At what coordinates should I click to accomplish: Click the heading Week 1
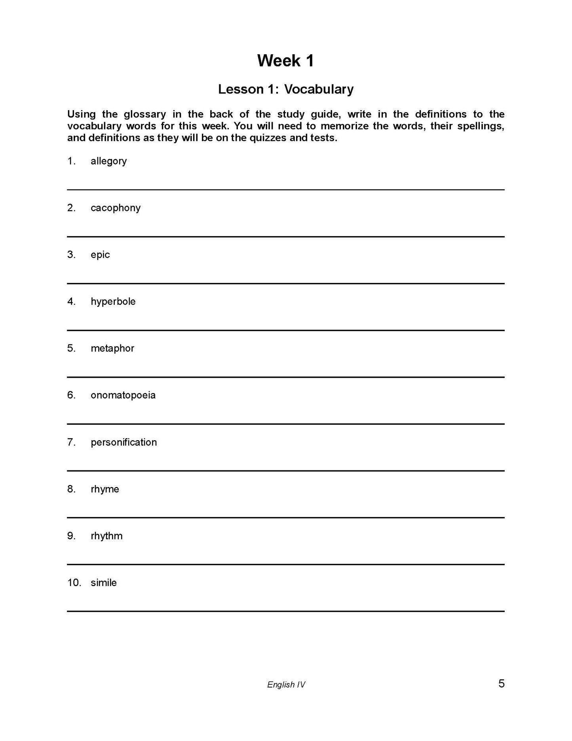pos(285,61)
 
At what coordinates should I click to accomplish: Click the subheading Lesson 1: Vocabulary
pos(285,89)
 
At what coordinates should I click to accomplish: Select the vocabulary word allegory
pos(108,161)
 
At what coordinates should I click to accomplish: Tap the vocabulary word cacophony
pos(115,208)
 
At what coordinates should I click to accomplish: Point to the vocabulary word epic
pos(100,255)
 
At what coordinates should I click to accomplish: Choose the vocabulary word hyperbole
pos(113,302)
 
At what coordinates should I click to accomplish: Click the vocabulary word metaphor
pos(112,348)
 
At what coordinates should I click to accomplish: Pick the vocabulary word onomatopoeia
pos(123,395)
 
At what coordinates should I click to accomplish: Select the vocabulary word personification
pos(124,442)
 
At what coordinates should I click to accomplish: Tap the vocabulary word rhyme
pos(105,489)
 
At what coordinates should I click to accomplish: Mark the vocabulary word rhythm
pos(106,536)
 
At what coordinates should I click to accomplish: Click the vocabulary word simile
pos(103,582)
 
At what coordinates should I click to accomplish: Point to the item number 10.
pos(74,582)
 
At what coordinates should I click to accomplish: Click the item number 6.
pos(71,395)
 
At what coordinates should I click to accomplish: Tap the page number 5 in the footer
pos(501,684)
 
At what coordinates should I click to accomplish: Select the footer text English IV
pos(286,684)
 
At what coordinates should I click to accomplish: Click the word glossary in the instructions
pos(144,115)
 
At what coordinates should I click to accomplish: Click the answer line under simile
pos(285,611)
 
